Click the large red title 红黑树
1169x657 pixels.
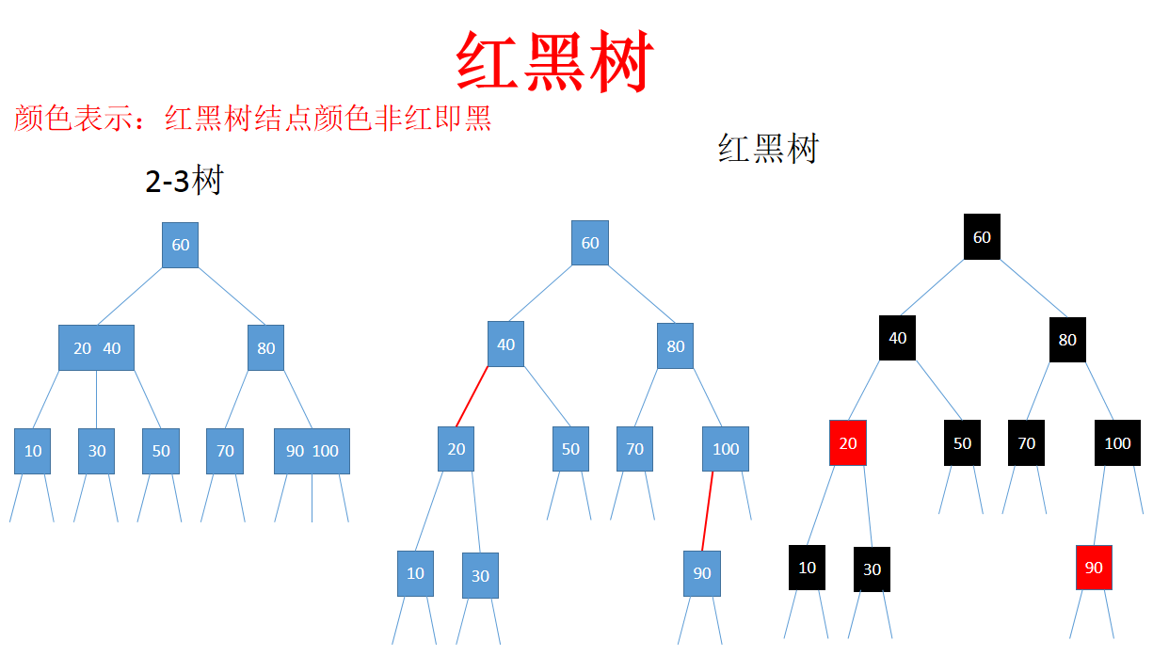(x=553, y=62)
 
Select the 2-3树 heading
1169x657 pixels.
(x=184, y=180)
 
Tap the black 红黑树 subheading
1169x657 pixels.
(x=768, y=148)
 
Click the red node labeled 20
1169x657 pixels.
(x=847, y=442)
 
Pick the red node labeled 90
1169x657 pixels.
(x=1094, y=568)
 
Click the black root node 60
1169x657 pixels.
(x=982, y=237)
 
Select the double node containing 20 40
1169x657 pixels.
(x=96, y=348)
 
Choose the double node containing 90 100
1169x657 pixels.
(x=312, y=451)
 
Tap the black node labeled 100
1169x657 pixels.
(x=1117, y=443)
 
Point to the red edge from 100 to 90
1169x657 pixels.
(x=707, y=511)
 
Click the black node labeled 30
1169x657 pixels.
(x=872, y=569)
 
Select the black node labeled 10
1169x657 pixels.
(x=807, y=568)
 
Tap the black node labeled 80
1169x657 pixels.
(x=1067, y=340)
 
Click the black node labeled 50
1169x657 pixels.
(x=962, y=443)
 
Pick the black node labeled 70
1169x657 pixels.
(x=1026, y=443)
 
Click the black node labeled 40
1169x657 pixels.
(x=897, y=338)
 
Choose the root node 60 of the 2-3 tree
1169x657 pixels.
(x=180, y=245)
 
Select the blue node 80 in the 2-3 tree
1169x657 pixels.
(x=266, y=348)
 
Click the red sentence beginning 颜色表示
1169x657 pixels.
(x=252, y=119)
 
